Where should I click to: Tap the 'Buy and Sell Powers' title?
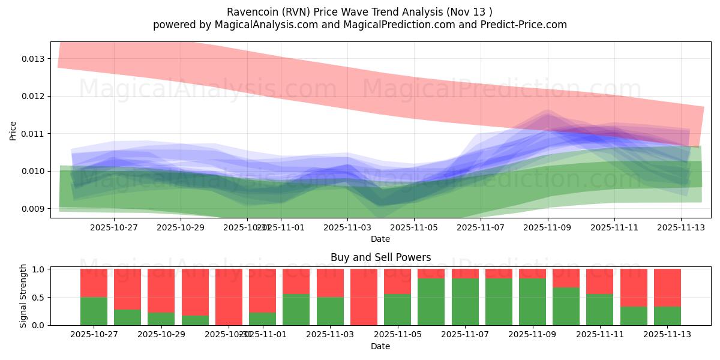pyautogui.click(x=380, y=257)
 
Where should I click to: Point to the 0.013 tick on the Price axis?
pyautogui.click(x=33, y=59)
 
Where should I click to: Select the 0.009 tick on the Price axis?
pyautogui.click(x=33, y=209)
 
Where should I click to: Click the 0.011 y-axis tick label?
pyautogui.click(x=33, y=134)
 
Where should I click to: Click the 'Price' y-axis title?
pyautogui.click(x=13, y=130)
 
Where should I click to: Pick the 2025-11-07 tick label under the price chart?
pyautogui.click(x=481, y=228)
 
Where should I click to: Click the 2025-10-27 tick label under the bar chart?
pyautogui.click(x=94, y=335)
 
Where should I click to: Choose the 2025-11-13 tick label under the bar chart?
pyautogui.click(x=667, y=335)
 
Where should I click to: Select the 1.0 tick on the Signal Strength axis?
pyautogui.click(x=38, y=269)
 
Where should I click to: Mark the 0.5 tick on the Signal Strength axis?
pyautogui.click(x=38, y=298)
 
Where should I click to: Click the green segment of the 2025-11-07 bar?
pyautogui.click(x=466, y=301)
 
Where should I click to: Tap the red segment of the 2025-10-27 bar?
pyautogui.click(x=94, y=283)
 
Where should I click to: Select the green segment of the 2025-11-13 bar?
pyautogui.click(x=667, y=316)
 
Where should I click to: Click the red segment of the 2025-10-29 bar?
pyautogui.click(x=161, y=290)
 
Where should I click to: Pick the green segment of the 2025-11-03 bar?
pyautogui.click(x=330, y=311)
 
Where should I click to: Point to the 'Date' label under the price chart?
pyautogui.click(x=380, y=239)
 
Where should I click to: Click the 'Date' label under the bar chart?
pyautogui.click(x=380, y=346)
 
